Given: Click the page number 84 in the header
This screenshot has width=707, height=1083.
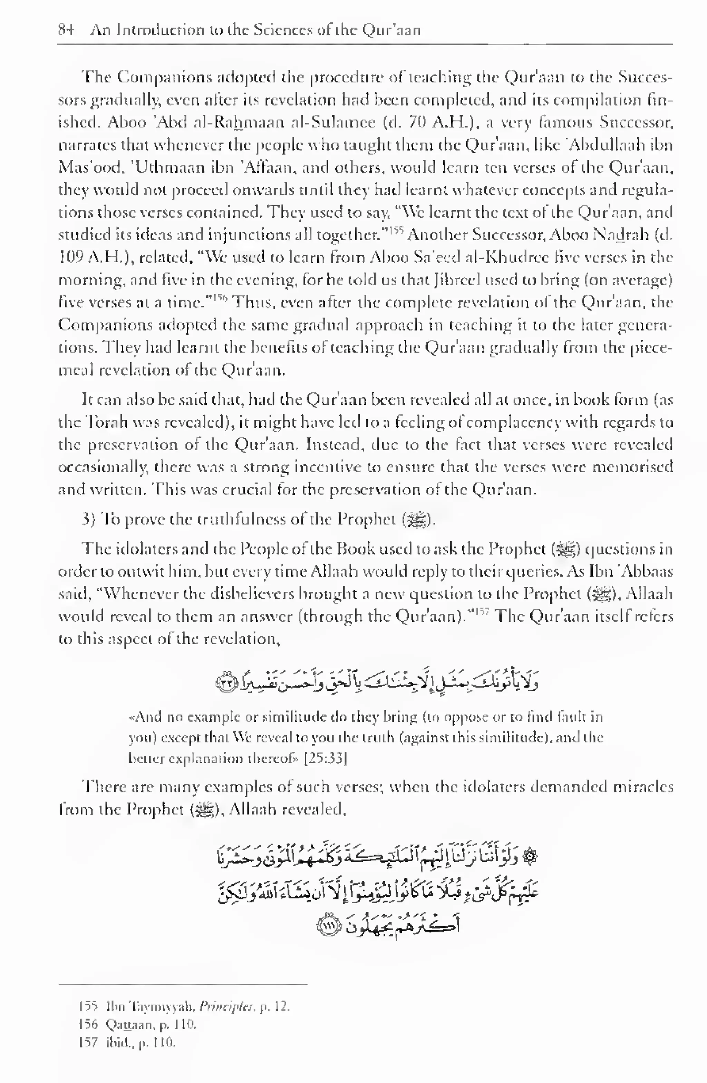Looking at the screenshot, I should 66,30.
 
